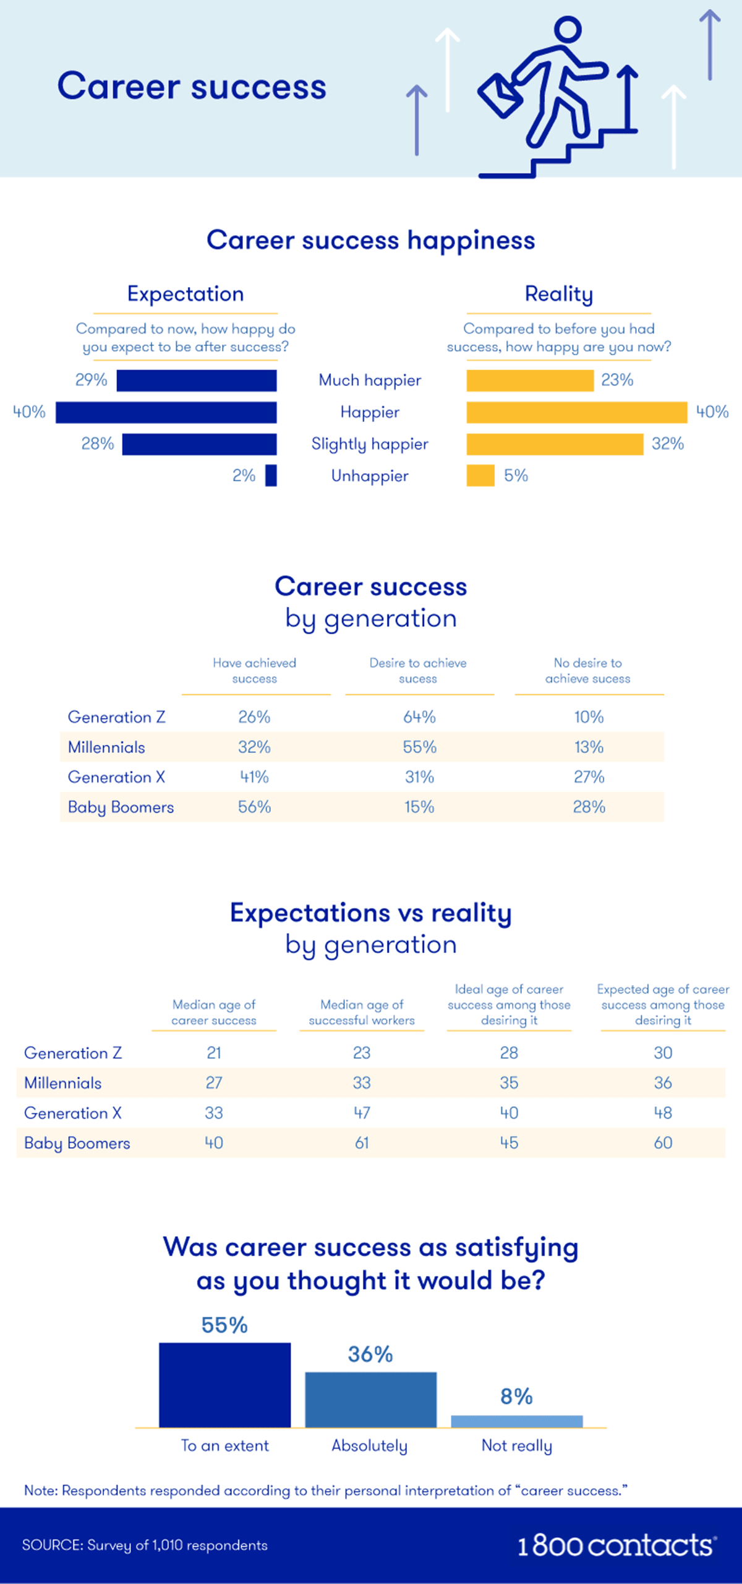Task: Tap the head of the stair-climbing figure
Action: pyautogui.click(x=568, y=29)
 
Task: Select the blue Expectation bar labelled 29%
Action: pyautogui.click(x=197, y=381)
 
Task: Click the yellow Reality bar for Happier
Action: pyautogui.click(x=576, y=413)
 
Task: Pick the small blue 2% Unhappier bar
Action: pyautogui.click(x=271, y=476)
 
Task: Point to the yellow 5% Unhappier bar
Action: pyautogui.click(x=480, y=476)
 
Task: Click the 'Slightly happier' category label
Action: pyautogui.click(x=370, y=444)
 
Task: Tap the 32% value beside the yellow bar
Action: pyautogui.click(x=667, y=444)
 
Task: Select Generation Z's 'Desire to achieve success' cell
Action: pyautogui.click(x=419, y=717)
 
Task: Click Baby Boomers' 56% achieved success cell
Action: pyautogui.click(x=255, y=807)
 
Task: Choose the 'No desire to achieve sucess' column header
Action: pyautogui.click(x=588, y=671)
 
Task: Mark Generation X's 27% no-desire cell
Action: pyautogui.click(x=589, y=777)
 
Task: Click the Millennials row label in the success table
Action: pyautogui.click(x=106, y=747)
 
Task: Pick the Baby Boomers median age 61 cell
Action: pyautogui.click(x=362, y=1143)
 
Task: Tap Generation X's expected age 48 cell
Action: pyautogui.click(x=663, y=1113)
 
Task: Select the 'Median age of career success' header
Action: pyautogui.click(x=214, y=1012)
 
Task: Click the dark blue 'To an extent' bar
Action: pyautogui.click(x=224, y=1385)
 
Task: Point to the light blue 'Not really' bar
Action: pyautogui.click(x=517, y=1421)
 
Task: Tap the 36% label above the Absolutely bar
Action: pyautogui.click(x=370, y=1354)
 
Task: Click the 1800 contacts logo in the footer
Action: pyautogui.click(x=616, y=1546)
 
